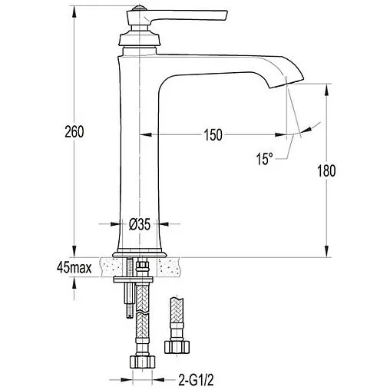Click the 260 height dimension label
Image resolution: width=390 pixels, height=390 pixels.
tap(74, 132)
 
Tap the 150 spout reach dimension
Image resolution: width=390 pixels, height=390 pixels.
tap(213, 135)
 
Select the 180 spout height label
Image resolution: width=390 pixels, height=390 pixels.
tap(326, 170)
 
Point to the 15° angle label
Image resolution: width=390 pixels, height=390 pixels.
tap(264, 159)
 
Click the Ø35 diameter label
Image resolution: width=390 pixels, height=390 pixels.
tap(140, 224)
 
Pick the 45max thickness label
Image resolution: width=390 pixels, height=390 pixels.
tap(74, 268)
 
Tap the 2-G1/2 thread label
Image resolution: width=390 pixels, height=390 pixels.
tap(196, 380)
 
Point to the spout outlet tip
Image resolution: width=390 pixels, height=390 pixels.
tap(286, 83)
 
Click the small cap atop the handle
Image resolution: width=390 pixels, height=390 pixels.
tap(138, 8)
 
